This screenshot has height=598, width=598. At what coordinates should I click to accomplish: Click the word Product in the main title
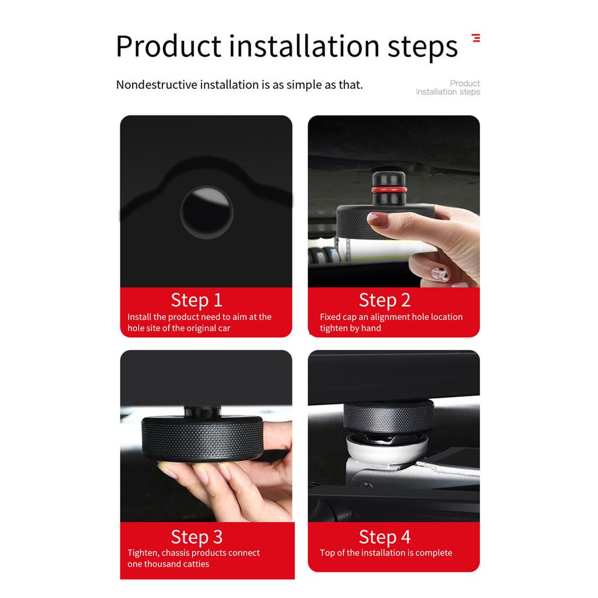(168, 47)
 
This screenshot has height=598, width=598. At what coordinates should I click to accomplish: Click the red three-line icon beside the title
(476, 39)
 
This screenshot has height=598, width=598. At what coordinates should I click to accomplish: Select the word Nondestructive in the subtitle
(157, 85)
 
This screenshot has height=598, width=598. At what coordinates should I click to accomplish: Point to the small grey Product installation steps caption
(448, 88)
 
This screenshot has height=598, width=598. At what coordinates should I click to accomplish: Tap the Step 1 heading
(196, 300)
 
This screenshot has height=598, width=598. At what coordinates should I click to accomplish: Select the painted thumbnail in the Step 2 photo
(439, 273)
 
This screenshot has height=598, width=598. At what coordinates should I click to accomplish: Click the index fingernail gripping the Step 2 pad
(378, 219)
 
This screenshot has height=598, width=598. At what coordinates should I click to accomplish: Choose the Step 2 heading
(384, 300)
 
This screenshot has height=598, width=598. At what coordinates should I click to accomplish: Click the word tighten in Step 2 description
(333, 328)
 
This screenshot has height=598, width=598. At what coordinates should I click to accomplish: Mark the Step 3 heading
(196, 537)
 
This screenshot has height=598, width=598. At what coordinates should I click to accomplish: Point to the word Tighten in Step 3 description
(142, 553)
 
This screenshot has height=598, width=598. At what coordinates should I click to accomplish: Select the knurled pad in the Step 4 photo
(388, 416)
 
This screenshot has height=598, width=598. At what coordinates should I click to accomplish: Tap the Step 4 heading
(384, 537)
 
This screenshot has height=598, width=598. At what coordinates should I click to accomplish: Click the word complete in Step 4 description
(433, 553)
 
